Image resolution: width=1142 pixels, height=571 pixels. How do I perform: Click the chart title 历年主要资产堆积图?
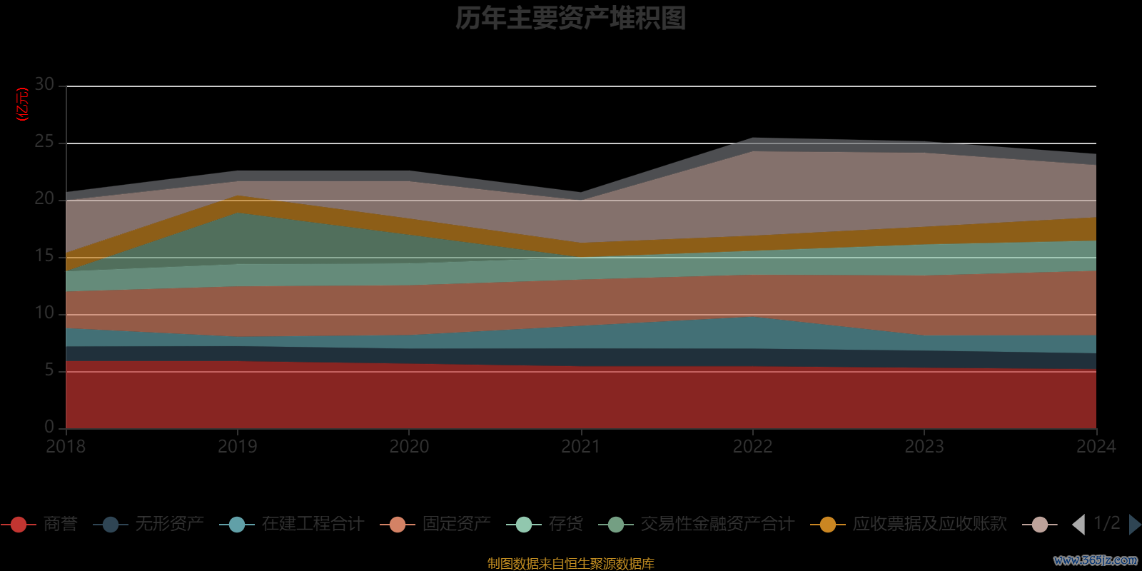tap(571, 18)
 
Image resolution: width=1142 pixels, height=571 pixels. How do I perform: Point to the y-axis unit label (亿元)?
tap(23, 104)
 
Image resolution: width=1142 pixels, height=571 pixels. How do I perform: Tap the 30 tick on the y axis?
tap(44, 84)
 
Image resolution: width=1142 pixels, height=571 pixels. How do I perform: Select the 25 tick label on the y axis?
tap(44, 142)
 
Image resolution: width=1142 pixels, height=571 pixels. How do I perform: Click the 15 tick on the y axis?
tap(44, 256)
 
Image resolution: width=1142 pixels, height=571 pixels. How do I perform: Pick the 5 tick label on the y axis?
tap(49, 370)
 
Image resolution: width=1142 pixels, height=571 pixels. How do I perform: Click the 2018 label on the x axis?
tap(66, 447)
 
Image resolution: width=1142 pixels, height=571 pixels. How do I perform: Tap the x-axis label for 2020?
tap(409, 447)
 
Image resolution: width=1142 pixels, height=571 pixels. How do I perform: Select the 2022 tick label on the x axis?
tap(752, 447)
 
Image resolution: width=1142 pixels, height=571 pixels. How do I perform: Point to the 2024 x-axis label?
tap(1096, 447)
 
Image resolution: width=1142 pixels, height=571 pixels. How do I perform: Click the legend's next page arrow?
tap(1134, 525)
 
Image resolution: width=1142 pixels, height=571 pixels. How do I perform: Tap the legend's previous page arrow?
tap(1078, 525)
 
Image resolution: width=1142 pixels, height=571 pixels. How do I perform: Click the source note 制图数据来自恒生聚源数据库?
tap(571, 564)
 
